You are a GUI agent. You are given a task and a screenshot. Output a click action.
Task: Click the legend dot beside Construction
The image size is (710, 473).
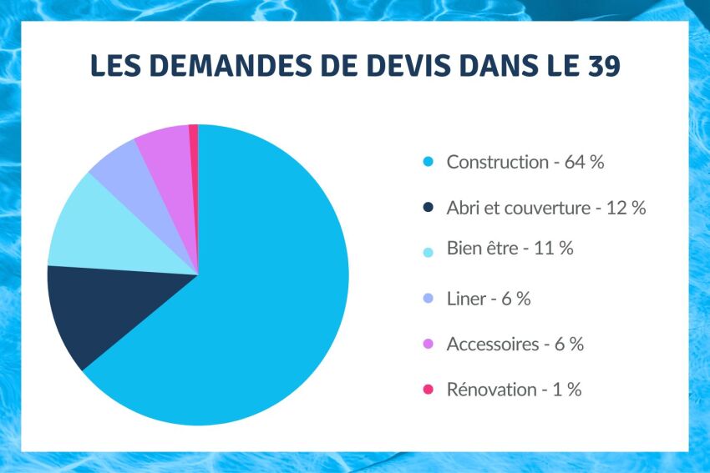[429, 162]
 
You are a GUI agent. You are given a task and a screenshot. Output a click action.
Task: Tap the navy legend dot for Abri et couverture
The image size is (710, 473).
[429, 208]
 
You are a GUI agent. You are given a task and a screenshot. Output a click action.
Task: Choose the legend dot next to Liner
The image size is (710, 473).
[429, 299]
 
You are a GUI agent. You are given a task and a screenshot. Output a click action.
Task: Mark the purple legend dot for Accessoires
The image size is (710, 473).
[429, 344]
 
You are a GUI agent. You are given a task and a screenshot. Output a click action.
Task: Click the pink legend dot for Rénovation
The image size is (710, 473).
[429, 390]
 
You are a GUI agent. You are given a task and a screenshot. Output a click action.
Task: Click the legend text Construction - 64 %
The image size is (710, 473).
[525, 162]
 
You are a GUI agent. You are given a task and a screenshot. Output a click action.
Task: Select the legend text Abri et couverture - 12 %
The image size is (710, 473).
[546, 208]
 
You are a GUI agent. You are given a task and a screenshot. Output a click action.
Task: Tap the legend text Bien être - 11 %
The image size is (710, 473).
[510, 248]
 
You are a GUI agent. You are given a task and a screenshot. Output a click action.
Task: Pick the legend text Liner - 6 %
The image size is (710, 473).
[489, 299]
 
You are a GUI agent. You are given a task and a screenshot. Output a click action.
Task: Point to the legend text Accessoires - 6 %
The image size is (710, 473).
[515, 344]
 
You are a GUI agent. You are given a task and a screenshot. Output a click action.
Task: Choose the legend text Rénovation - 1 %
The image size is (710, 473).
[514, 389]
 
